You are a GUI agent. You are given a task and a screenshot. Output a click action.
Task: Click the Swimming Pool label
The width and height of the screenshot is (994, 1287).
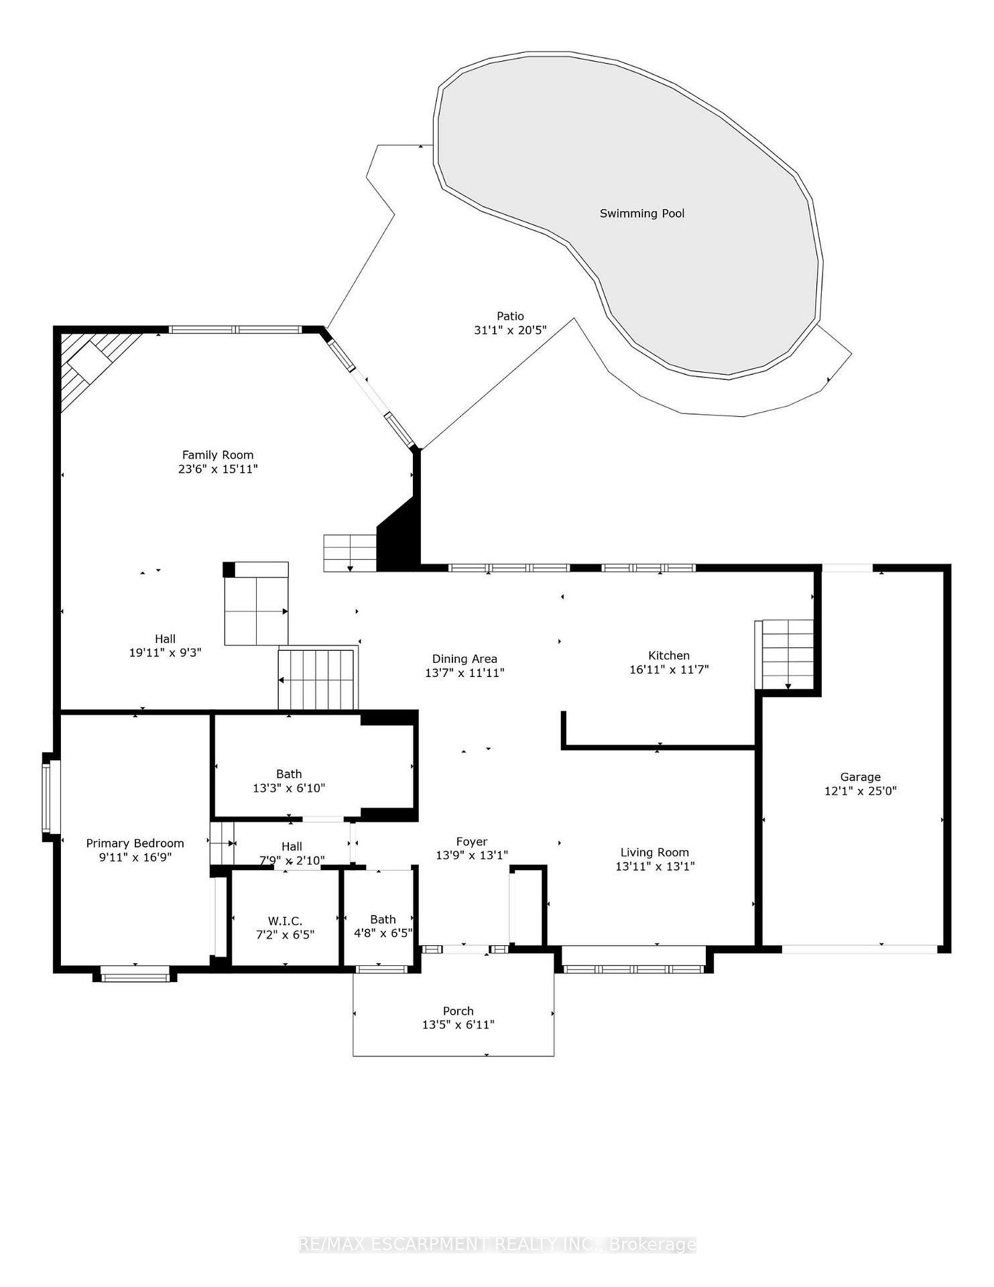point(641,214)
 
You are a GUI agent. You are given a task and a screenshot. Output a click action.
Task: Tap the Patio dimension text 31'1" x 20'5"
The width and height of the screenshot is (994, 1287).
point(510,330)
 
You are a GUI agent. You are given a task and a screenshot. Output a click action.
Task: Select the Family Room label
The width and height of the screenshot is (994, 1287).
point(218,455)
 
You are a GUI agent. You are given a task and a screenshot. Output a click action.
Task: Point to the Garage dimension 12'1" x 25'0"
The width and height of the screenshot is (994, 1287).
point(860,791)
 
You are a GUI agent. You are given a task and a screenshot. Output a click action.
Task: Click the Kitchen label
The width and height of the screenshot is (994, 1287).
point(668,656)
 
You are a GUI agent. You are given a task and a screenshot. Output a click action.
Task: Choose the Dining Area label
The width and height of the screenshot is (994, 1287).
point(464,659)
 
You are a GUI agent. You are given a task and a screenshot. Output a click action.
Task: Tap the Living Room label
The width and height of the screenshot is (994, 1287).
point(654,853)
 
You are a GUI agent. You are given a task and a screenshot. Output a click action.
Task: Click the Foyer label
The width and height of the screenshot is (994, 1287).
point(472,842)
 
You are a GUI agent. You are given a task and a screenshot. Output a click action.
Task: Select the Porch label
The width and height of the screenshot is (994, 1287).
point(458,1011)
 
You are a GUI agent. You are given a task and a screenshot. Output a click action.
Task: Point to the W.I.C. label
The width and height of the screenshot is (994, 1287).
point(285,922)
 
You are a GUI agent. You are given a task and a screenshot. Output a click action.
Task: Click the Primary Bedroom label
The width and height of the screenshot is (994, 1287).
point(135,843)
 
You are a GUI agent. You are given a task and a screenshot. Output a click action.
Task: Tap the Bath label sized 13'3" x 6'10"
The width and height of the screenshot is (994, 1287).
point(289,774)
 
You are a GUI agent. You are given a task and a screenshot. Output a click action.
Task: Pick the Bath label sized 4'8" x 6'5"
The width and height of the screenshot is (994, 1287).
point(383,920)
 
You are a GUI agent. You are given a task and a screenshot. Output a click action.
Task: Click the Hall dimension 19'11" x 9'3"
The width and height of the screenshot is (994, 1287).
point(165,652)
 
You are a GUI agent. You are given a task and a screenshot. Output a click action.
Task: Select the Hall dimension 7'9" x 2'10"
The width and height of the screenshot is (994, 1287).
point(292,861)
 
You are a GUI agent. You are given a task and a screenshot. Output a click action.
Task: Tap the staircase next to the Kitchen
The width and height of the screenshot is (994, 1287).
point(785,654)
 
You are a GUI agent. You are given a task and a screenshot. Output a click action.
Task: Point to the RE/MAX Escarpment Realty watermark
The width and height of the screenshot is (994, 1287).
point(497,1245)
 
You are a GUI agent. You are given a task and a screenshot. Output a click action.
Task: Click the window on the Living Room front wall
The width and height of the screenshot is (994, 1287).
point(633,969)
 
